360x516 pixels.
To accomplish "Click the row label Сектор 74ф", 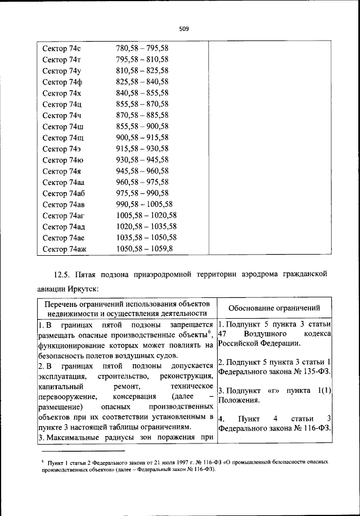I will pyautogui.click(x=62, y=82).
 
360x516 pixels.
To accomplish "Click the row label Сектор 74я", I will pyautogui.click(x=62, y=171).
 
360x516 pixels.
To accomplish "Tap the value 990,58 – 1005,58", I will pyautogui.click(x=145, y=204).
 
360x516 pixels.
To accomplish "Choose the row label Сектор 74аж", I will pyautogui.click(x=65, y=248).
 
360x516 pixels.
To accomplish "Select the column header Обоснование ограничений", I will pyautogui.click(x=273, y=307).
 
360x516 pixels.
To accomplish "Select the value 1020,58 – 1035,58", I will pyautogui.click(x=146, y=227).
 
